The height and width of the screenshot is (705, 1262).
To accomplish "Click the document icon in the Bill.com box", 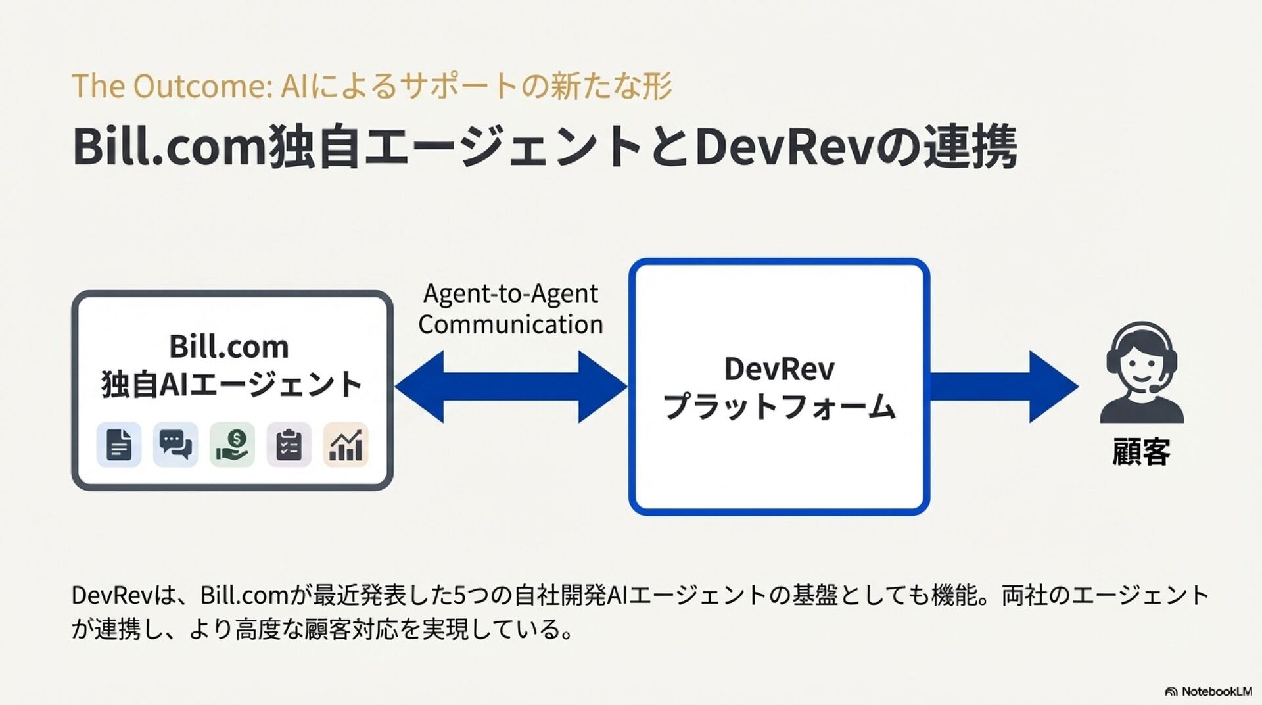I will pos(118,445).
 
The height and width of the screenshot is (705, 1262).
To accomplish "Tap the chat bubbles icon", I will pos(175,445).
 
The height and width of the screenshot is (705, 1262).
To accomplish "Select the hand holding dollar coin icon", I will pos(232,445).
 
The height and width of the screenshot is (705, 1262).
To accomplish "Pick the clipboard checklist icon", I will pos(289,445).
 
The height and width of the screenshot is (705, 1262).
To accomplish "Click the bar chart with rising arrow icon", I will pos(346,445).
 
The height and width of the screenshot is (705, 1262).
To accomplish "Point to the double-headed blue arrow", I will pos(511,386).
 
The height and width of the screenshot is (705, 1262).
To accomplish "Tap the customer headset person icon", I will pos(1141,372).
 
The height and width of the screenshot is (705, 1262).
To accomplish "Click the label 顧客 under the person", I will pos(1141,452).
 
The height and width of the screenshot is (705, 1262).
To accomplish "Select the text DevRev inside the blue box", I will pos(779,368).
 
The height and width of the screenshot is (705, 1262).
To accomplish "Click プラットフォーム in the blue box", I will pos(779,406).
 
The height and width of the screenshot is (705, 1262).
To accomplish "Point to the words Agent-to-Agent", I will pos(511,293).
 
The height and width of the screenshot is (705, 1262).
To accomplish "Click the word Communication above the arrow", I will pos(511,324).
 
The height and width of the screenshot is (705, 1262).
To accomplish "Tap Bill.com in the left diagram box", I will pos(229,347).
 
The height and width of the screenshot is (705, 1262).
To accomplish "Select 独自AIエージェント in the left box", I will pos(231,384).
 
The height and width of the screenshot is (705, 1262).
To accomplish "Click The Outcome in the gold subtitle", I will pos(171,86).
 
